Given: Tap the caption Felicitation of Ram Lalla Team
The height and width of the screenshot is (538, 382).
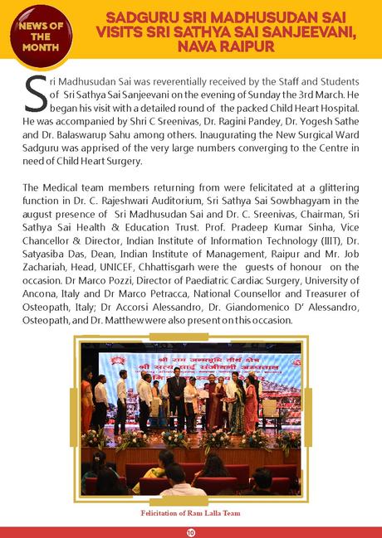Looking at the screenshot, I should (191, 514).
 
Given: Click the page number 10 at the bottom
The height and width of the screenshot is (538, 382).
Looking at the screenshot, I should (191, 531).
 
